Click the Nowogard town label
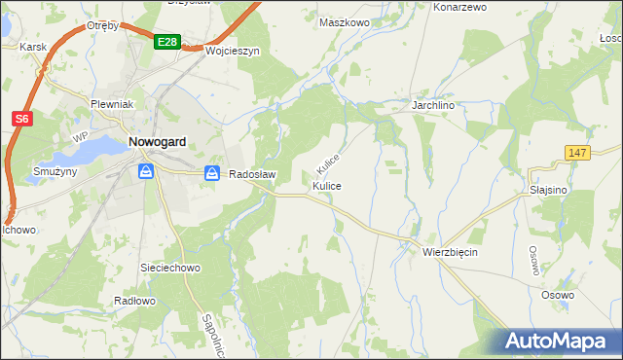point(157,141)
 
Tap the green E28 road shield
point(166,41)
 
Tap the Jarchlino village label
point(434,102)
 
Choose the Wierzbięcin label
point(450,251)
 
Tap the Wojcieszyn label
point(232,52)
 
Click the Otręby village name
point(102,25)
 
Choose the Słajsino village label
point(549,190)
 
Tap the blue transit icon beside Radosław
point(212,173)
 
